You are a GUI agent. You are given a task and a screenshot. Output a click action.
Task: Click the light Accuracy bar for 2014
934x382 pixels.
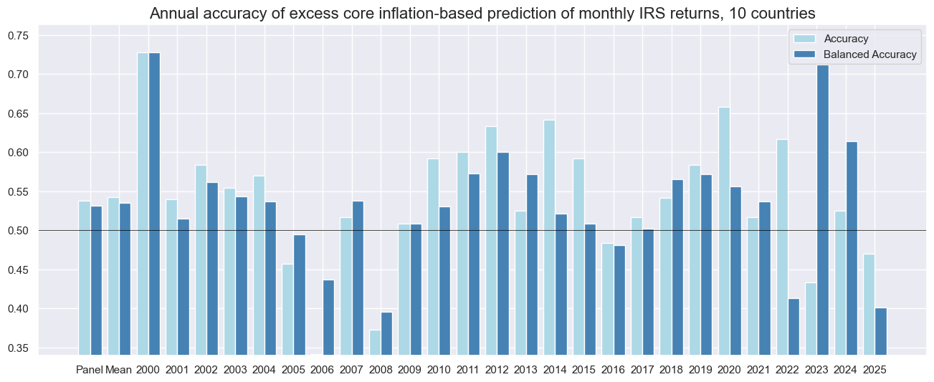pyautogui.click(x=550, y=237)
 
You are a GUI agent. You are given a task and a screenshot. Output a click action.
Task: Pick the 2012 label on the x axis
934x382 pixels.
pyautogui.click(x=497, y=370)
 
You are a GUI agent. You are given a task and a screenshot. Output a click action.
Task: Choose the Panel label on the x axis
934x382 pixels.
pyautogui.click(x=90, y=370)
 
